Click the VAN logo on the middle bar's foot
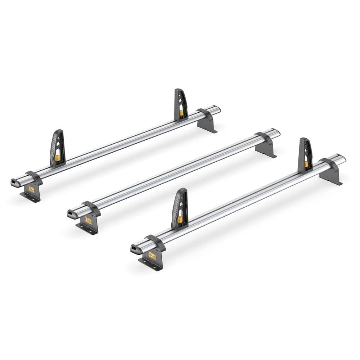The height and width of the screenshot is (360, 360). coord(88,220)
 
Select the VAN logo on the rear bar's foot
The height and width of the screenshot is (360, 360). coord(32,189)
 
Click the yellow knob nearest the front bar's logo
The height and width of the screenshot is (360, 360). coord(180,219)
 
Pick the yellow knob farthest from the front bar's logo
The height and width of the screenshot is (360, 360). coord(306,164)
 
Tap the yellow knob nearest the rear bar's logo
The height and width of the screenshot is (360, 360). coord(58,158)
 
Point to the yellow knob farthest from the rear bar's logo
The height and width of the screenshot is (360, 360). coord(181,113)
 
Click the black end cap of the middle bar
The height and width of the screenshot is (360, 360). coord(70,215)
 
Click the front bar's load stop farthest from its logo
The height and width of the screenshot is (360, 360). coord(305,155)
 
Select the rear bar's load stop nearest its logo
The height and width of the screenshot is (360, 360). coord(58,148)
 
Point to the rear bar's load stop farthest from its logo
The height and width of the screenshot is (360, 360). coord(181,104)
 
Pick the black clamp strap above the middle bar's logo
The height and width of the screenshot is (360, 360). coord(92,208)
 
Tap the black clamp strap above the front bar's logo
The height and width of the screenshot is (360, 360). coord(156,243)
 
